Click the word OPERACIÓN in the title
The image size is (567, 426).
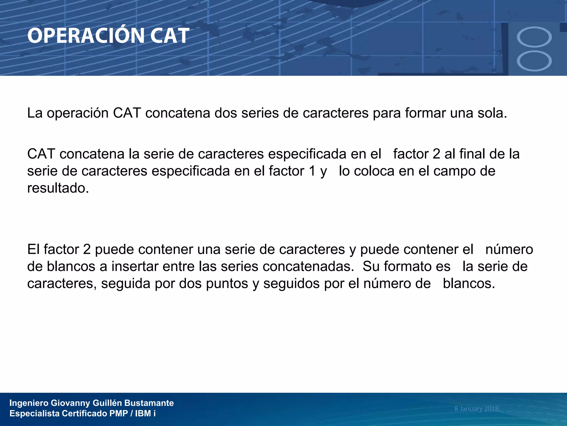[x=86, y=36]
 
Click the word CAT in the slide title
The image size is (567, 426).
[x=169, y=36]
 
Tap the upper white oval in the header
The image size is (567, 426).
[x=534, y=37]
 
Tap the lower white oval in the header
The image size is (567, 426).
[x=534, y=61]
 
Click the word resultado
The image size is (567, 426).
[x=58, y=188]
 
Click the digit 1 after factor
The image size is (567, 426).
[x=312, y=171]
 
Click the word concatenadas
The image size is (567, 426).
[x=308, y=267]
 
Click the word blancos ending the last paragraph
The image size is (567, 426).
[x=468, y=284]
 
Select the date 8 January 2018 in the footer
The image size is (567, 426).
[x=476, y=409]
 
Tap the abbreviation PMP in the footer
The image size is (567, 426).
[x=118, y=414]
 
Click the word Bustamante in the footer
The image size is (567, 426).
[x=149, y=403]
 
